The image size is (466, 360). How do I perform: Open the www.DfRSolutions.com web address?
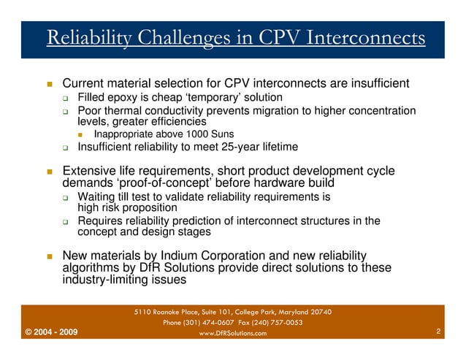coord(232,334)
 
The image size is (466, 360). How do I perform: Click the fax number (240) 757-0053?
coord(276,323)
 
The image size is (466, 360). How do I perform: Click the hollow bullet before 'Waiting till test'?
coord(66,198)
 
